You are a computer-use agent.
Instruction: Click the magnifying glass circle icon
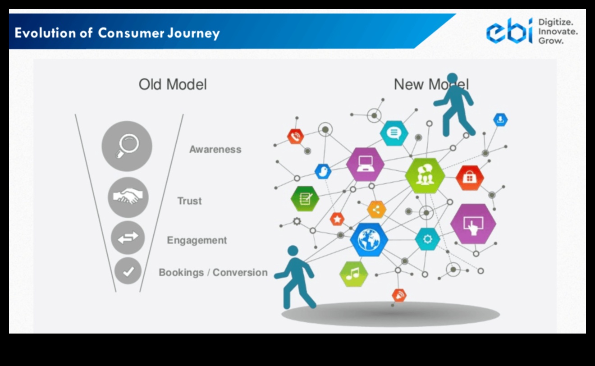(127, 146)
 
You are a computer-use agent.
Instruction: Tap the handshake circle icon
(128, 197)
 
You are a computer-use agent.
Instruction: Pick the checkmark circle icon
(128, 271)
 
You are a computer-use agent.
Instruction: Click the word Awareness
(215, 150)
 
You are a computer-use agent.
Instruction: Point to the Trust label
(189, 201)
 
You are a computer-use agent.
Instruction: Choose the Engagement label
(197, 240)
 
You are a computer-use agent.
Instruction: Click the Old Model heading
(173, 84)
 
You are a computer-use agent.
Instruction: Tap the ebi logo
(508, 31)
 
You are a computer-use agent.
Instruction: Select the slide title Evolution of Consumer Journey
(117, 33)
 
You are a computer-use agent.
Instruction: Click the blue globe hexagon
(369, 240)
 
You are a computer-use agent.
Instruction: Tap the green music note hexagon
(353, 274)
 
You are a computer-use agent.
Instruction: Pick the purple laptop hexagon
(365, 165)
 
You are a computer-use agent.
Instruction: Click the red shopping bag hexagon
(469, 178)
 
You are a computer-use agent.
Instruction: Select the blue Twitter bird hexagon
(323, 171)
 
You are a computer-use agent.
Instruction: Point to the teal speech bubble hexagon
(394, 133)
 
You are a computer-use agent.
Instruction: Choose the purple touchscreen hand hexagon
(473, 224)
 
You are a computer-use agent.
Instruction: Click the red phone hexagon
(296, 136)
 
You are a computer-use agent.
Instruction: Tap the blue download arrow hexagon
(500, 119)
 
